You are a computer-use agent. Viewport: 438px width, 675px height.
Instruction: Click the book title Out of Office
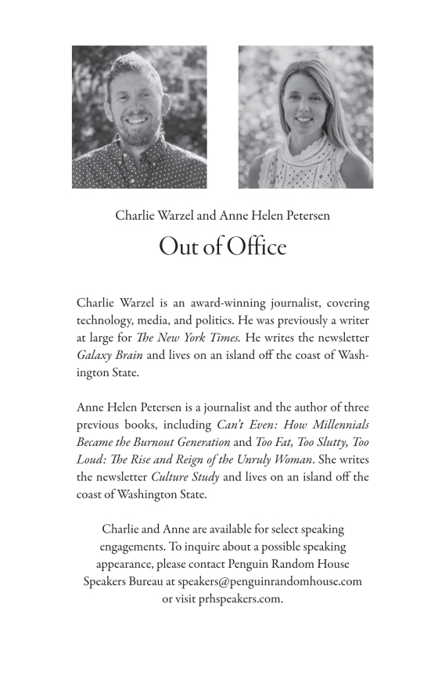[223, 247]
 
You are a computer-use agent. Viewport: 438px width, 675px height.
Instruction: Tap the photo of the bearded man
[139, 117]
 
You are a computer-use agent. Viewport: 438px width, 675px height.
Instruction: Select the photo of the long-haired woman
[305, 117]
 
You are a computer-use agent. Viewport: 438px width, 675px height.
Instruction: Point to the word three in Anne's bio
[351, 408]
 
